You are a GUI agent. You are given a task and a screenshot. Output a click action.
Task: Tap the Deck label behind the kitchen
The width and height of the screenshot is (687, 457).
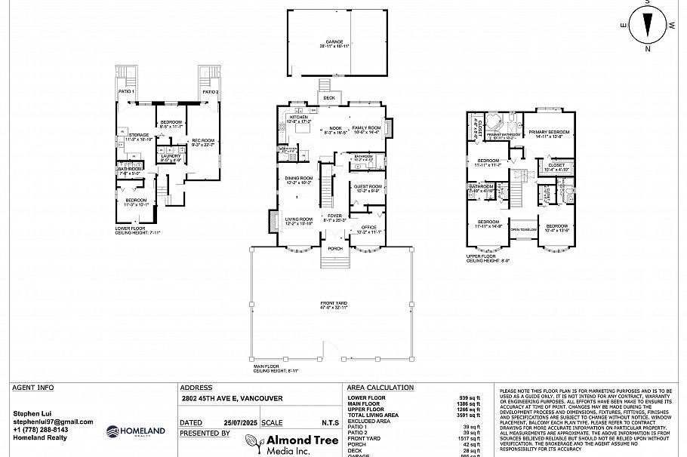[329, 98]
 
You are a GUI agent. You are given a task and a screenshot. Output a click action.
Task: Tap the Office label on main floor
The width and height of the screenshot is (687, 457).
[368, 227]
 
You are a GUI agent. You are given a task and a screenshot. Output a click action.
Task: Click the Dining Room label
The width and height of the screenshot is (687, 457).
[298, 179]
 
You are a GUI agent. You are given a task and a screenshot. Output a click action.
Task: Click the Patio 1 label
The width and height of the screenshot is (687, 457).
[126, 91]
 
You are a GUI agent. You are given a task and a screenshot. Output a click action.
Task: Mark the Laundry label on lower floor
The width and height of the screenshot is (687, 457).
[170, 156]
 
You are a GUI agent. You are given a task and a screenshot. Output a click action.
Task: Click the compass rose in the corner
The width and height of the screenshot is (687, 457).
[648, 25]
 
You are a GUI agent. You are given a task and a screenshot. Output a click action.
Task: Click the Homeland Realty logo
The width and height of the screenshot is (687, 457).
[135, 431]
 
